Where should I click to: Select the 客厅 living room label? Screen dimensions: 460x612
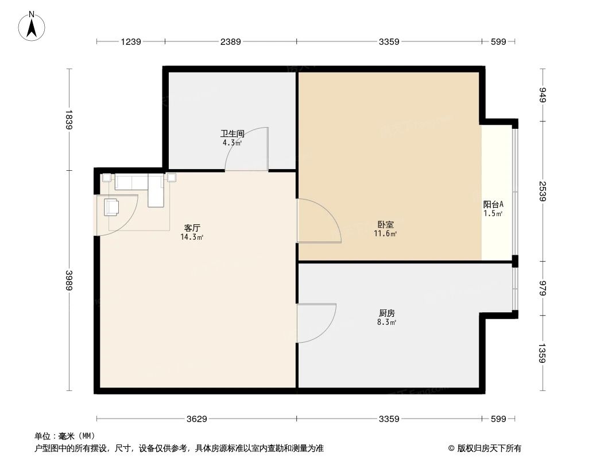(192, 228)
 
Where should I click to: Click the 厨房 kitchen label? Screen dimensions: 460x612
(386, 313)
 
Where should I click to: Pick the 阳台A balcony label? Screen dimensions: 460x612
(493, 204)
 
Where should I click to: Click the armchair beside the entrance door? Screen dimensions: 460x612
(112, 206)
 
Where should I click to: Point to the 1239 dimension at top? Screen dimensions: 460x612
(130, 41)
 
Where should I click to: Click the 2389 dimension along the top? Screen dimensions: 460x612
(230, 41)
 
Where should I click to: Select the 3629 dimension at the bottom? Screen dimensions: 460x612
(197, 419)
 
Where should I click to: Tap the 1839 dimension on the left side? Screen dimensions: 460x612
(69, 120)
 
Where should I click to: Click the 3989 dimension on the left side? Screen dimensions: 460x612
(69, 281)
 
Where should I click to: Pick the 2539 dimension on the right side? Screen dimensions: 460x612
(543, 191)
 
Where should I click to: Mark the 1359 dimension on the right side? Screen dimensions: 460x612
(543, 352)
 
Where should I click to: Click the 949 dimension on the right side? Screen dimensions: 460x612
(543, 95)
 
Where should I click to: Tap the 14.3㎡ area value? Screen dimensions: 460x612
(192, 237)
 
